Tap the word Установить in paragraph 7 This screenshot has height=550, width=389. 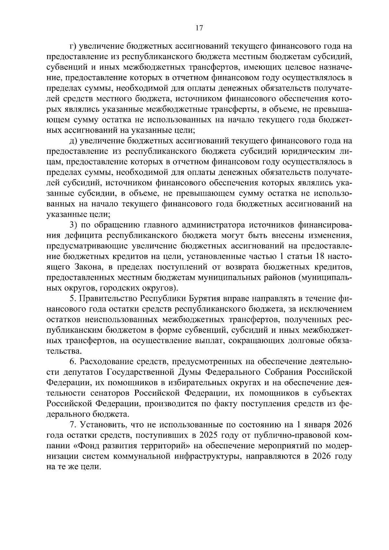coord(106,425)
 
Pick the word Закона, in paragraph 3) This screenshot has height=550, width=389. coord(88,267)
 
